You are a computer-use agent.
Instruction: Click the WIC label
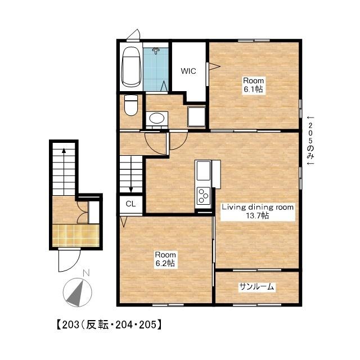click(x=188, y=71)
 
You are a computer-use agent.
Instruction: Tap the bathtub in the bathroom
click(x=131, y=67)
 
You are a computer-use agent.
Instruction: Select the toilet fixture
click(x=131, y=105)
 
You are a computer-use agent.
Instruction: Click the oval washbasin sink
click(x=157, y=119)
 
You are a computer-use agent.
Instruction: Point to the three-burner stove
click(x=204, y=196)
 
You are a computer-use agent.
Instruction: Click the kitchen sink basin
click(x=204, y=170)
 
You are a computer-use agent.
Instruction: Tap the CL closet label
click(x=130, y=204)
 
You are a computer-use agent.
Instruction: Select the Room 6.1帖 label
click(x=254, y=85)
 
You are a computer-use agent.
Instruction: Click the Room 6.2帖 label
click(x=165, y=259)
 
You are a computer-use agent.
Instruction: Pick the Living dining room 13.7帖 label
click(x=258, y=211)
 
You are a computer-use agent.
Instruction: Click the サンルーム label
click(x=256, y=286)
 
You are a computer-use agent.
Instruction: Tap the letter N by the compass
click(x=86, y=273)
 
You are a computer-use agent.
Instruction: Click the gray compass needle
click(x=76, y=294)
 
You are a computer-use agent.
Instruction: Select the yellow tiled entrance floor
click(x=76, y=235)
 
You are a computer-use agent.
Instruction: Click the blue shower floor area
click(x=156, y=69)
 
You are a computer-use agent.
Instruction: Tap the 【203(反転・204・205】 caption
click(x=109, y=325)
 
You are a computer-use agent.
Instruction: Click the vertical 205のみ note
click(x=310, y=141)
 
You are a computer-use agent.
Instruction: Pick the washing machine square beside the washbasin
click(x=196, y=116)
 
